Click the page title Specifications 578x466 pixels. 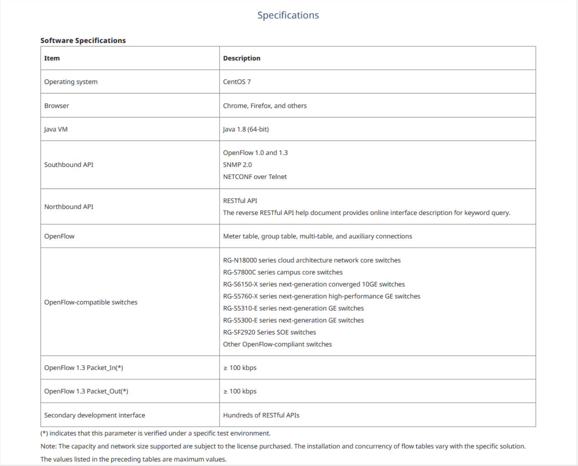pyautogui.click(x=288, y=15)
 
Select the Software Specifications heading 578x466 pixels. pyautogui.click(x=83, y=41)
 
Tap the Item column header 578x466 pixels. pyautogui.click(x=52, y=58)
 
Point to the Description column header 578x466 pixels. pyautogui.click(x=242, y=58)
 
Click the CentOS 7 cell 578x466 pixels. pyautogui.click(x=237, y=82)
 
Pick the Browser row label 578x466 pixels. pyautogui.click(x=57, y=106)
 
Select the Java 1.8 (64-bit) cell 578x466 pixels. pyautogui.click(x=246, y=129)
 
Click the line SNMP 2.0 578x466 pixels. pyautogui.click(x=237, y=165)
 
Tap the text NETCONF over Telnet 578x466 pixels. pyautogui.click(x=255, y=177)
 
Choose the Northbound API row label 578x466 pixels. pyautogui.click(x=69, y=207)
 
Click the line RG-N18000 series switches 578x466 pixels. pyautogui.click(x=312, y=260)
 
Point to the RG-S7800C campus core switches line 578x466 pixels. pyautogui.click(x=283, y=272)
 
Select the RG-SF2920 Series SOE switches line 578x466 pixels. pyautogui.click(x=269, y=332)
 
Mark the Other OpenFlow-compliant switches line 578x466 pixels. pyautogui.click(x=277, y=344)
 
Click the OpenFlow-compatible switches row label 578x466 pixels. pyautogui.click(x=91, y=302)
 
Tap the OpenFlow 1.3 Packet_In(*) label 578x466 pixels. pyautogui.click(x=83, y=368)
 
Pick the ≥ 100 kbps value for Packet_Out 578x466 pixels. pyautogui.click(x=240, y=392)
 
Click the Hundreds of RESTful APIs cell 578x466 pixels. pyautogui.click(x=261, y=415)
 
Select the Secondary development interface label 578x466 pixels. pyautogui.click(x=95, y=415)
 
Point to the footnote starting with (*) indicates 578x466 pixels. pyautogui.click(x=155, y=433)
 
